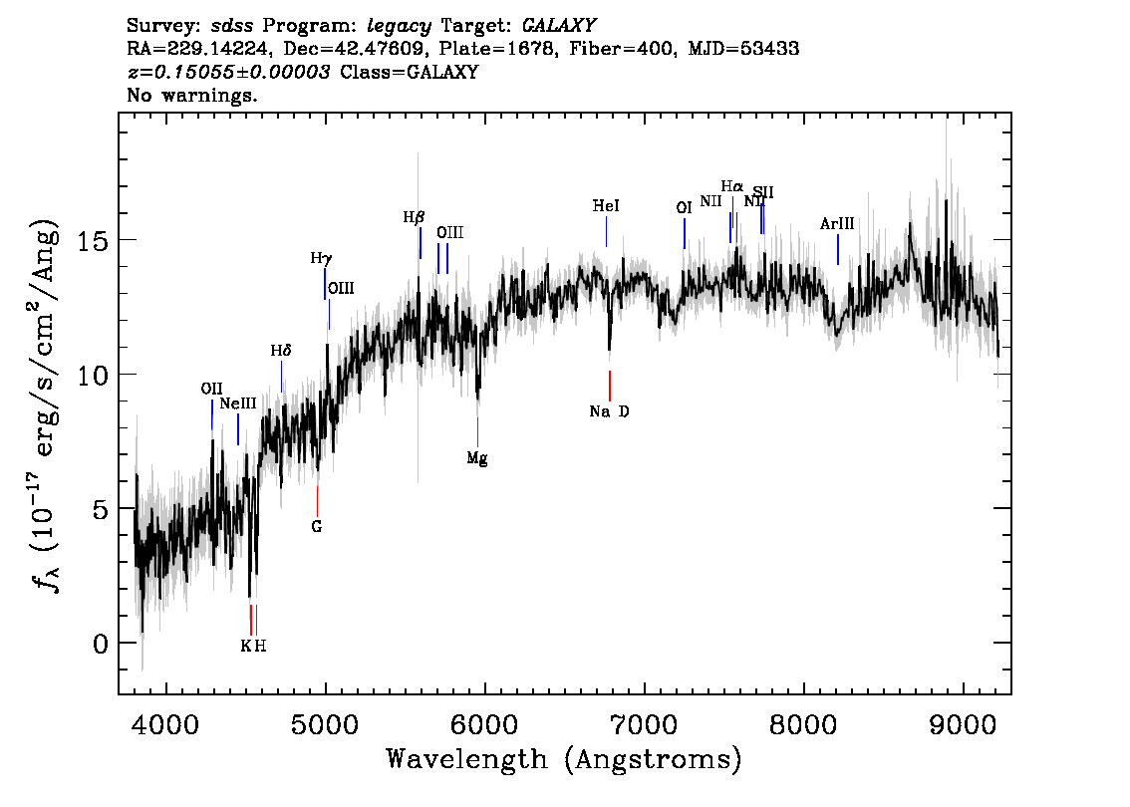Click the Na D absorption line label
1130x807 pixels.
click(609, 411)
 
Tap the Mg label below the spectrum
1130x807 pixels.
click(477, 458)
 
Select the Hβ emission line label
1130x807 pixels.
click(414, 216)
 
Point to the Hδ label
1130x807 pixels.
click(281, 352)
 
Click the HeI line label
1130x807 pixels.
click(606, 206)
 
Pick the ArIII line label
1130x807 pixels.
click(837, 224)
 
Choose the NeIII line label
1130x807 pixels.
click(238, 403)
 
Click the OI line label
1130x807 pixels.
click(684, 208)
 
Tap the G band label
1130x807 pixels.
click(317, 526)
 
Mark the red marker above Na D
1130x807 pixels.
click(609, 385)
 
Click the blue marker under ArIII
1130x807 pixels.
click(837, 249)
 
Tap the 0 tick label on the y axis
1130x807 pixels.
click(99, 643)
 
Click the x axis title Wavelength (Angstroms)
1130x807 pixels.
click(564, 759)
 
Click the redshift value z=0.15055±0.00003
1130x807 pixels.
click(229, 73)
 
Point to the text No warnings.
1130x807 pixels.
click(192, 96)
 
